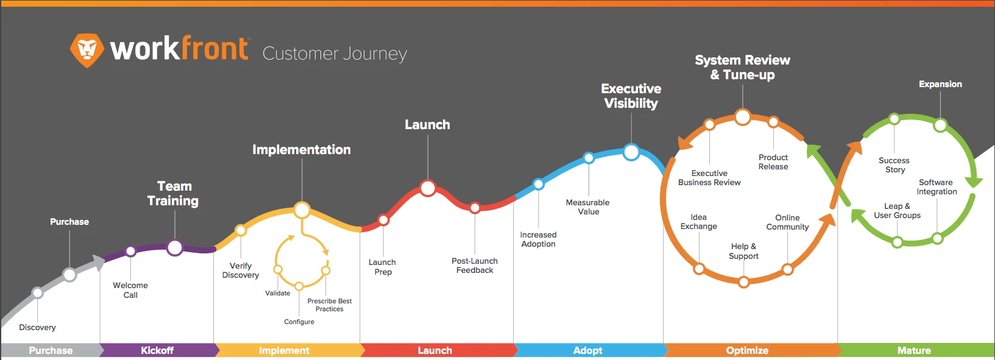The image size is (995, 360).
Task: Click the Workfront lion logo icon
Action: [87, 50]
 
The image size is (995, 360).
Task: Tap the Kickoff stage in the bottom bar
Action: [157, 350]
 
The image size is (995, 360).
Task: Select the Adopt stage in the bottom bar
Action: [587, 350]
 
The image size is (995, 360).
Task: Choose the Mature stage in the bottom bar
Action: [914, 350]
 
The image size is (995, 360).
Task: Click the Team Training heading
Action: [173, 193]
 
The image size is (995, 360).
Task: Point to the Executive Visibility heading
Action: [631, 96]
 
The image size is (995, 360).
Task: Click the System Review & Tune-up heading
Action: [742, 67]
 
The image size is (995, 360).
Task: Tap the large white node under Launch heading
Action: [428, 188]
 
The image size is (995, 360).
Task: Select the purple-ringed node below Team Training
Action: [175, 248]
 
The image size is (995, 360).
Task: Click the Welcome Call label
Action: [130, 290]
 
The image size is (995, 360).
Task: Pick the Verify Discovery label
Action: [240, 270]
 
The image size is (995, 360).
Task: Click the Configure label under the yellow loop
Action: [299, 322]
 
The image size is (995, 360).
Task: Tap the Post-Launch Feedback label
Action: [475, 266]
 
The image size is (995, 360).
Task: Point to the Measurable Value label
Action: [587, 207]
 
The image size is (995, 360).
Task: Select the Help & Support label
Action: [743, 251]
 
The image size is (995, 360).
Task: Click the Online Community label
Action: [788, 222]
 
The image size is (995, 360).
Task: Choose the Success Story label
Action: [894, 165]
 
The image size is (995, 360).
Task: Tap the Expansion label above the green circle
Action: [940, 84]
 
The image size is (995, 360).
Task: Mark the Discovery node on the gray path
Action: [38, 293]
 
